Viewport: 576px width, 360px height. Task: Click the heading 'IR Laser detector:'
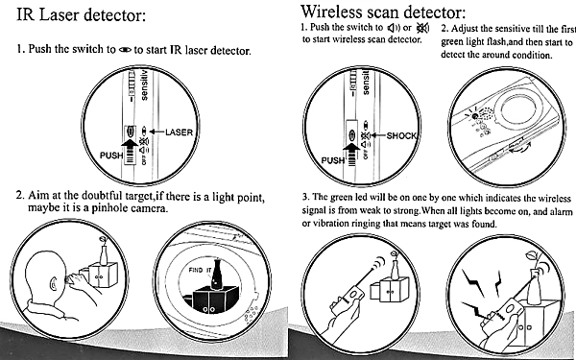point(82,15)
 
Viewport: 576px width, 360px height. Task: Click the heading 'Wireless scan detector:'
point(383,12)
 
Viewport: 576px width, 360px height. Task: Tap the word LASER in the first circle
point(179,132)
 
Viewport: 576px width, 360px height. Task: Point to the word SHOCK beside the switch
point(401,136)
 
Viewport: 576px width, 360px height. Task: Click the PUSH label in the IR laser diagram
point(111,156)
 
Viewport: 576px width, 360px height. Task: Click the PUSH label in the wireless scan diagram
point(333,160)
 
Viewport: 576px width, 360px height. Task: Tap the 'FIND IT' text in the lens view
point(200,270)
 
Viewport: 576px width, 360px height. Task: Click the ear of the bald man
point(53,283)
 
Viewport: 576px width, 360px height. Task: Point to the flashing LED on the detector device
point(474,116)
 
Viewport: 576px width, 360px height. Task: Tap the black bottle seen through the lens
point(216,275)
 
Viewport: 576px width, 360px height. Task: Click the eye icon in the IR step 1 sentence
point(125,50)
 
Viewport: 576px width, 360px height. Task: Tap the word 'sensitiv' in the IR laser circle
point(144,85)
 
